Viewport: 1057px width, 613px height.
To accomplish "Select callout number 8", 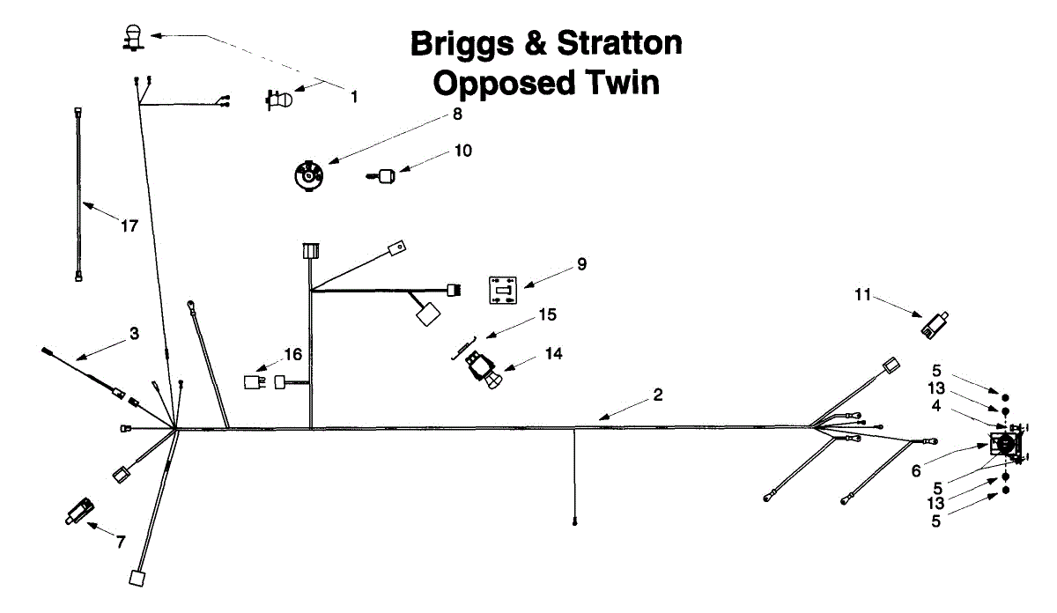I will click(457, 114).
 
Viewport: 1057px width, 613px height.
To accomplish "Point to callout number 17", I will click(129, 226).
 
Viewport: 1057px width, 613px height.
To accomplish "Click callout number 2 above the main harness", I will click(658, 395).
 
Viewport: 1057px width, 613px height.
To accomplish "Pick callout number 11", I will click(862, 295).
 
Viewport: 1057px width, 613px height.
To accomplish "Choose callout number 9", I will click(581, 263).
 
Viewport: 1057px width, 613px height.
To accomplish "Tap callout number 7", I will click(121, 542).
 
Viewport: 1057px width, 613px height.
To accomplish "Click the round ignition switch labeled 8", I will click(308, 174).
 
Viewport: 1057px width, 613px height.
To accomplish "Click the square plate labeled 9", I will click(502, 290).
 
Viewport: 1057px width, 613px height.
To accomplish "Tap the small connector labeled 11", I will click(934, 325).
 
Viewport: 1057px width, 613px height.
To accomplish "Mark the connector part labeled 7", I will click(80, 510).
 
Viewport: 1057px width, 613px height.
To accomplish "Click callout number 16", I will click(292, 355).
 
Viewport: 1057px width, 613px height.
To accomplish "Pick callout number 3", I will click(134, 334).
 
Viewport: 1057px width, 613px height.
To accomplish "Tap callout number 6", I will click(916, 471).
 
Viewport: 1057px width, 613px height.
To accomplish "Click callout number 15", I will click(548, 314).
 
